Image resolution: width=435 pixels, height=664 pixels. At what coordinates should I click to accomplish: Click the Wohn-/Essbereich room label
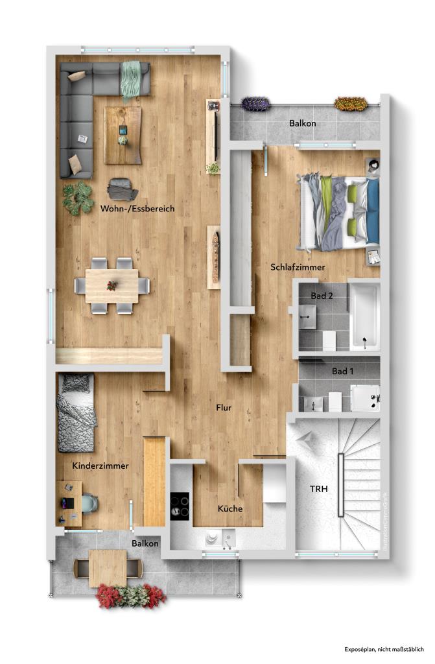137,209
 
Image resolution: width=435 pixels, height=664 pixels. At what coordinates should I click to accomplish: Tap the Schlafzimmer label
298,267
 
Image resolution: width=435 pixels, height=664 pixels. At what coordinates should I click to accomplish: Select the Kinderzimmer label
100,466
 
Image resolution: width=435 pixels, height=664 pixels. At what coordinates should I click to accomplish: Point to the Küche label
230,509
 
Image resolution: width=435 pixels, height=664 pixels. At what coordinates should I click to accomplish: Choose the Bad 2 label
322,296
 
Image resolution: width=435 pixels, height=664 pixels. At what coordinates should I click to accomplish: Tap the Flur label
224,408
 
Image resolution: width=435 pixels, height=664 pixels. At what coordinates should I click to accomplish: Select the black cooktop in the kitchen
180,506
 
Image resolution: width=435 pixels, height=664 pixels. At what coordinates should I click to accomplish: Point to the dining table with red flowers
112,285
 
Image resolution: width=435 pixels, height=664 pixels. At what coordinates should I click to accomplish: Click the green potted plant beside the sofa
78,197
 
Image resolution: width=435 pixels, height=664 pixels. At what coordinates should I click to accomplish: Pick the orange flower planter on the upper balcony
351,103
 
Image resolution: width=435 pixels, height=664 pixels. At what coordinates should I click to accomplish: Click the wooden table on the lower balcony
108,567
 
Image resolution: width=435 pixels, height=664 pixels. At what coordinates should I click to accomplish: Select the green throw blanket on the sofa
132,79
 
